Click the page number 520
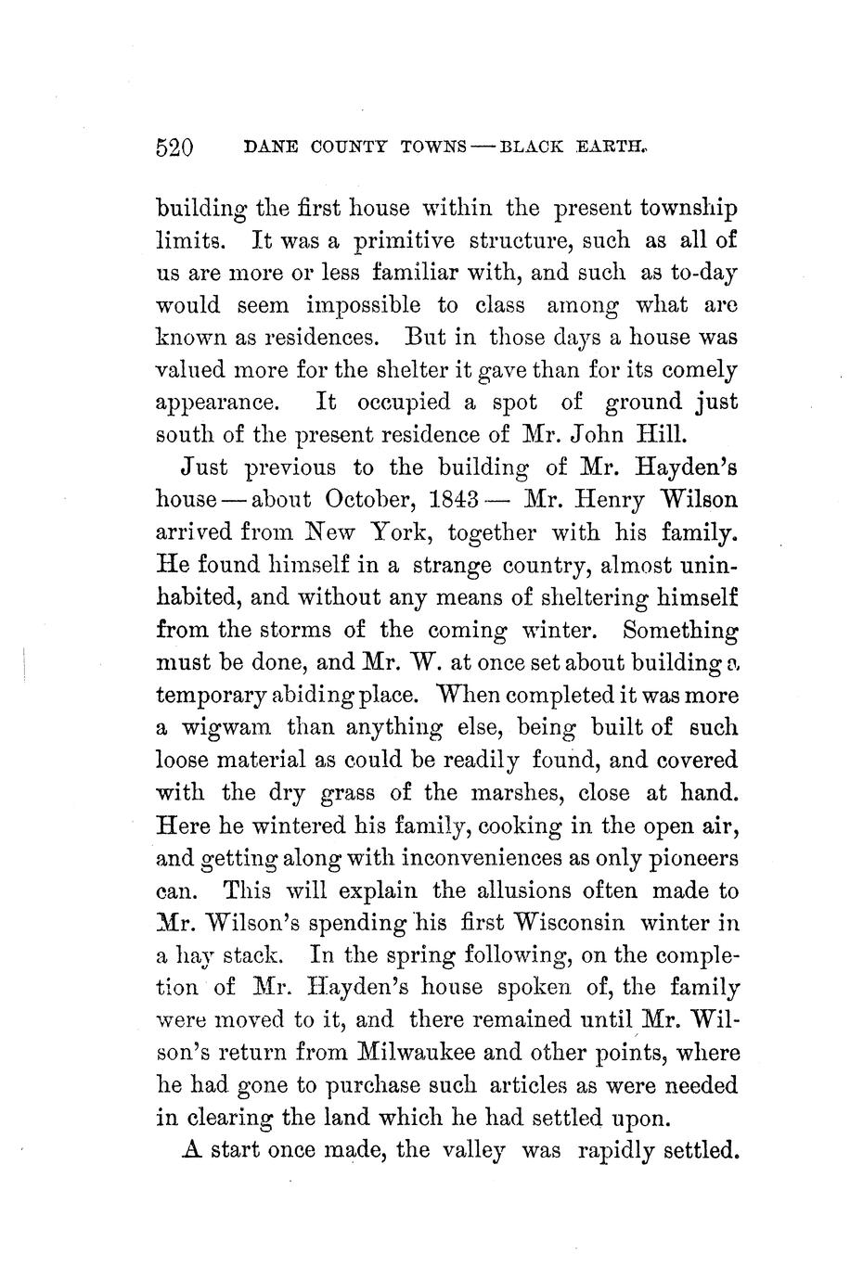tap(174, 147)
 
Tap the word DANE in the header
tap(263, 147)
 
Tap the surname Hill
tap(661, 435)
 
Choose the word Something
tap(680, 630)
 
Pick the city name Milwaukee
tap(429, 1053)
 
